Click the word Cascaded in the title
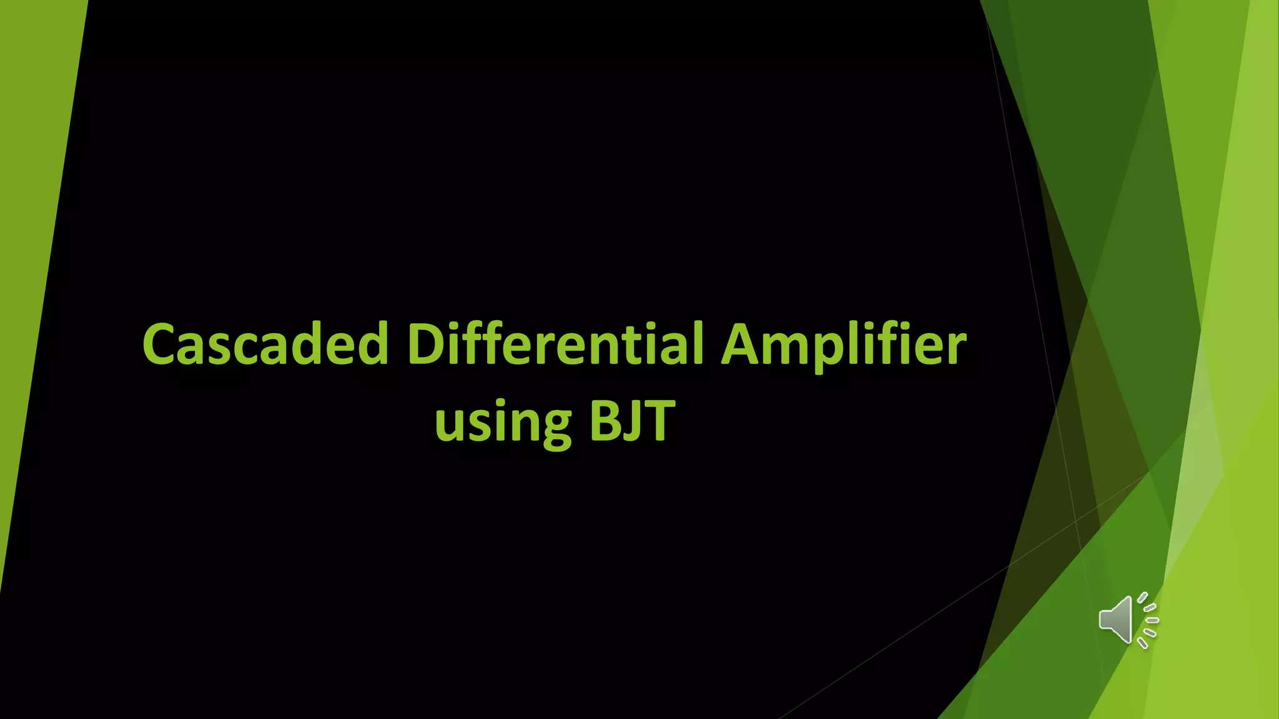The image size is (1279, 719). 265,345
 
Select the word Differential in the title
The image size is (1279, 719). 555,344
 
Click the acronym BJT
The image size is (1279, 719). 632,421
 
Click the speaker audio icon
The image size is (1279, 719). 1128,620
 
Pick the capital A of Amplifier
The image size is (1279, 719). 743,345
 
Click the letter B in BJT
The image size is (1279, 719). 605,420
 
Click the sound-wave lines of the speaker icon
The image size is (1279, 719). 1148,620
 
